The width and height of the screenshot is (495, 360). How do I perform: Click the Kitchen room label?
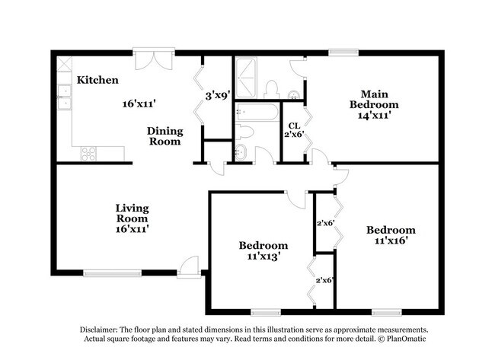coord(98,80)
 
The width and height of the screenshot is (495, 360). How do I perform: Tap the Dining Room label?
coord(164,135)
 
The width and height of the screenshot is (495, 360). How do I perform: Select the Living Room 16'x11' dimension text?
coord(132,228)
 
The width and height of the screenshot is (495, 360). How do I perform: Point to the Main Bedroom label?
coord(374,99)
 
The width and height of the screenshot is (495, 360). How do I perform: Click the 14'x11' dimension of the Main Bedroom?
coord(374,116)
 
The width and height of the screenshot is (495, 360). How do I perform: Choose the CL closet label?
coord(292,126)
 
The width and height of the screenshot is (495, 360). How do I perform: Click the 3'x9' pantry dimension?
coord(219,96)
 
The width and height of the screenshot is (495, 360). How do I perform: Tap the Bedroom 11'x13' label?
coord(263,250)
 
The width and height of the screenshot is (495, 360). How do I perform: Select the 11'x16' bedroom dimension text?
coord(391,241)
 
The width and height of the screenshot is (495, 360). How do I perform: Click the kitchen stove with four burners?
coord(90,153)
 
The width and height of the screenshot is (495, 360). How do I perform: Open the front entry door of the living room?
coord(187,266)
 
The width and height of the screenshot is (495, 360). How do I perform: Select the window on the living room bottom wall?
coord(112,272)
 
